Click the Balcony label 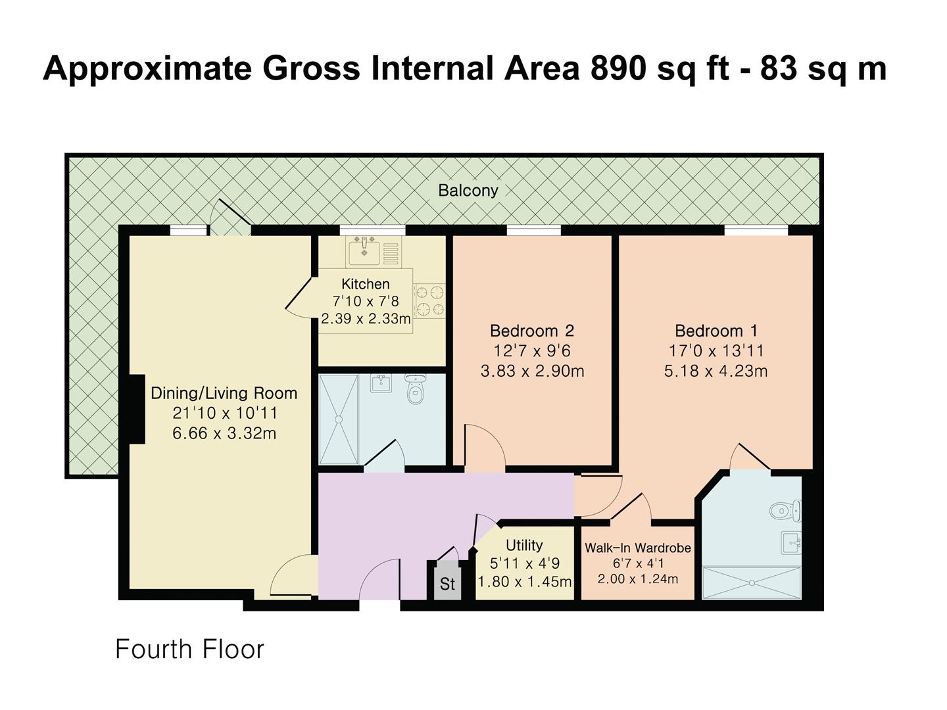click(468, 190)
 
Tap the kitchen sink click(364, 252)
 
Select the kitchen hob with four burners click(429, 300)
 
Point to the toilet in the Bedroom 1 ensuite click(786, 511)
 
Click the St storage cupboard click(447, 580)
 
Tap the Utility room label click(524, 546)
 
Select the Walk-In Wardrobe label click(638, 548)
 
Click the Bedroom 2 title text click(532, 331)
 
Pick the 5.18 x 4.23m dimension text click(716, 371)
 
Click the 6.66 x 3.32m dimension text click(224, 433)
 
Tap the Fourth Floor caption click(189, 650)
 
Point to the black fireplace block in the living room click(137, 409)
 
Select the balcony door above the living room click(230, 217)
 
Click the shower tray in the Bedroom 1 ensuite click(752, 583)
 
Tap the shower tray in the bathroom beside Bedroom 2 click(339, 419)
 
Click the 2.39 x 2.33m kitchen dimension click(366, 319)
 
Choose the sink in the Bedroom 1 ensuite click(791, 542)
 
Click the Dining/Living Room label click(224, 393)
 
